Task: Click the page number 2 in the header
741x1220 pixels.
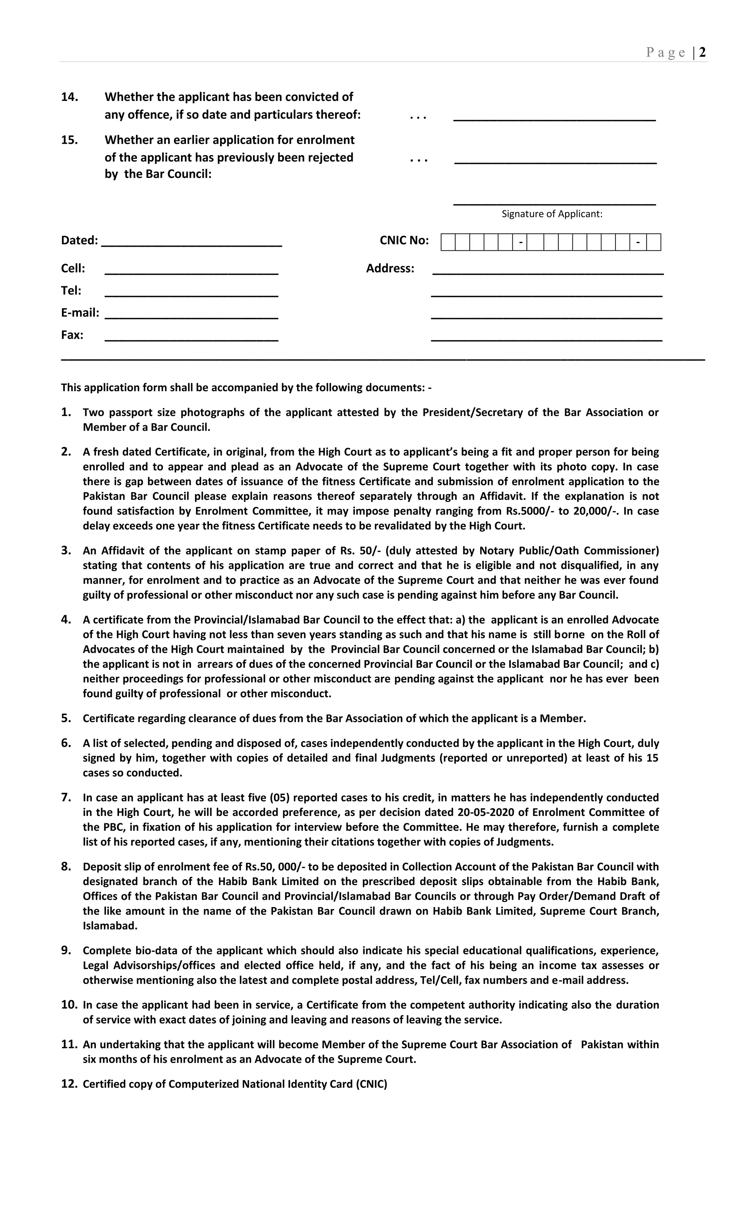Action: click(x=702, y=52)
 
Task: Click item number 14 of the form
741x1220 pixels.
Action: click(x=70, y=97)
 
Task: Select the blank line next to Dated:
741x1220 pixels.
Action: click(x=192, y=242)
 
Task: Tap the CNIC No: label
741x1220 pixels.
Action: click(x=404, y=240)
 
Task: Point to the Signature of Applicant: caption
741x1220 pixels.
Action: click(x=551, y=214)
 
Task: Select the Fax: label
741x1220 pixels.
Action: click(x=72, y=335)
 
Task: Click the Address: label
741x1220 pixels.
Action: click(x=390, y=268)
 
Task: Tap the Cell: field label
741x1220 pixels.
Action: click(x=73, y=268)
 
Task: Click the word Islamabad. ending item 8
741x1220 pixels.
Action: click(x=110, y=926)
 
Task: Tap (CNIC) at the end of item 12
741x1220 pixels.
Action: click(x=371, y=1084)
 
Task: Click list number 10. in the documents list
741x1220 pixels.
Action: click(x=70, y=1005)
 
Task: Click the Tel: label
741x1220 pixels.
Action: click(x=71, y=291)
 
